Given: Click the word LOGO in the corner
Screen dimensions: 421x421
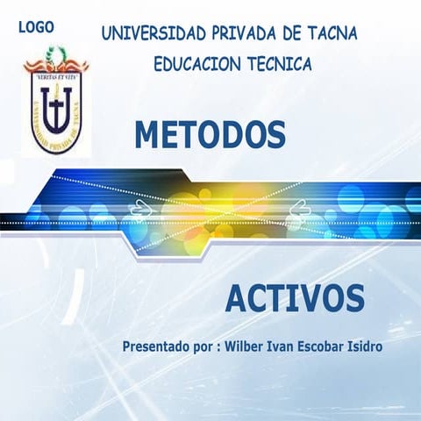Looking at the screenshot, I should point(36,27).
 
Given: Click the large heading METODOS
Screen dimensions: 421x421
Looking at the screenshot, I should point(210,135).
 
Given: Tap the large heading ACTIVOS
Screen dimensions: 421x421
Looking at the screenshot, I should point(295,299).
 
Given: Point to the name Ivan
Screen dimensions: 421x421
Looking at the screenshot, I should point(289,346).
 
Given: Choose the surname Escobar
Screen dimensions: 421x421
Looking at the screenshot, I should point(331,346).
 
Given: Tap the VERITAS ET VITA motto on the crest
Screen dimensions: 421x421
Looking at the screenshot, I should point(56,78).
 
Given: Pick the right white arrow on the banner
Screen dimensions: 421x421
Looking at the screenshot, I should point(298,208).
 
